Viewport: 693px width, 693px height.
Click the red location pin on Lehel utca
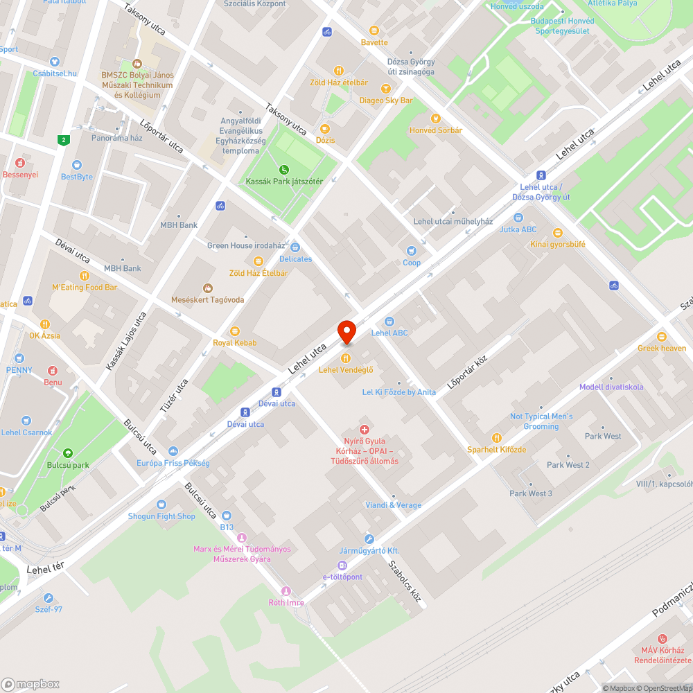346,331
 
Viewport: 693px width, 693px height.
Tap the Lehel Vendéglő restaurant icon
346,358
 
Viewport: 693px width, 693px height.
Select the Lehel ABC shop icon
389,322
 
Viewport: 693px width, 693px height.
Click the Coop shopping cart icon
412,251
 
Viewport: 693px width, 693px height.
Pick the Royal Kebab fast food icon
234,331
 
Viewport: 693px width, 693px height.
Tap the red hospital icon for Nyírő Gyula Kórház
364,430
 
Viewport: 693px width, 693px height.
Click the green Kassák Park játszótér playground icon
283,170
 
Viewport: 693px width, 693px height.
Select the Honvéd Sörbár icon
435,119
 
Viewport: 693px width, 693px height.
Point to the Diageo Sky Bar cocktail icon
385,89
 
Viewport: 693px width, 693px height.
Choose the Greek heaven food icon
662,337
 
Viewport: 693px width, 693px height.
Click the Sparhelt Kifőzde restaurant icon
496,438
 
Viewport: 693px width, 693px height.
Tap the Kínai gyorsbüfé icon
557,233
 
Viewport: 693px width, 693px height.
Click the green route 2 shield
64,140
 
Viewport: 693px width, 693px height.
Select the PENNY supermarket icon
19,358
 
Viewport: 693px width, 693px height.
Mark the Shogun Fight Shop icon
161,505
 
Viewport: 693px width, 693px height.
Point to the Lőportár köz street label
468,372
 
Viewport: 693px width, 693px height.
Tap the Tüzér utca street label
174,396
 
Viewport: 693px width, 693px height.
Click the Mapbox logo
30,684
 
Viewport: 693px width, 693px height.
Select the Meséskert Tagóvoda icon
207,288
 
